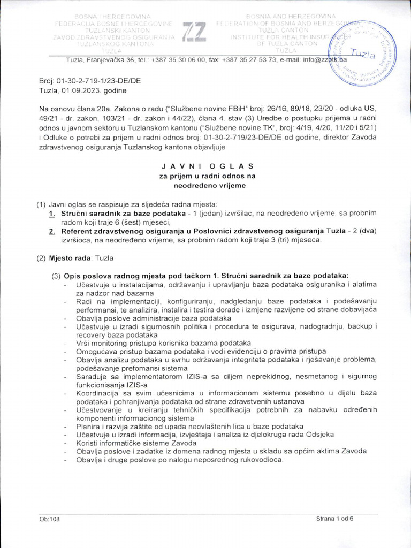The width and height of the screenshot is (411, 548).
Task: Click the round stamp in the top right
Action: (369, 55)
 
